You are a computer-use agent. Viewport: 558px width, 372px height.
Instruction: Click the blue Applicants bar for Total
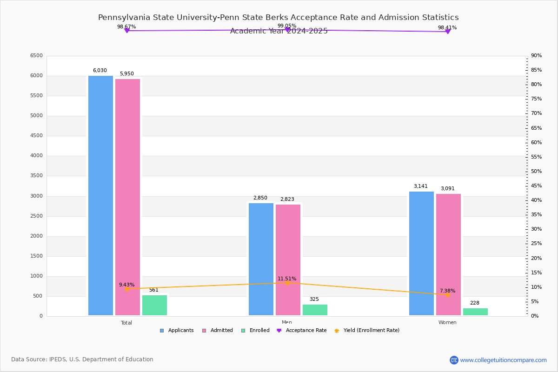coord(100,195)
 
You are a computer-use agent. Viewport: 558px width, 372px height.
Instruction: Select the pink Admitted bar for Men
coord(288,260)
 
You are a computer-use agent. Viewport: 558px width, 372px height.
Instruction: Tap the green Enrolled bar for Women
coord(475,312)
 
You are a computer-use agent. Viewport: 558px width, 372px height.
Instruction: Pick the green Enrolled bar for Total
coord(154,306)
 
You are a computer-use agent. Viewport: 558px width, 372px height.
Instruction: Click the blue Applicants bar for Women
coord(421,253)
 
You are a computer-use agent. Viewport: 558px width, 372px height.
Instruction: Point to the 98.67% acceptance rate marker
coord(126,31)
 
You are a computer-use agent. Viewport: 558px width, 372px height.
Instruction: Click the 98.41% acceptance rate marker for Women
coord(448,32)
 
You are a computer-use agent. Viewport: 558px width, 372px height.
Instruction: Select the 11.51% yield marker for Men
coord(287,283)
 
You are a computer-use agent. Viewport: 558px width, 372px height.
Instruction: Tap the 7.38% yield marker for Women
coord(447,295)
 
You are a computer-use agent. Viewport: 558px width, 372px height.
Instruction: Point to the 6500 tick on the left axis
coord(36,56)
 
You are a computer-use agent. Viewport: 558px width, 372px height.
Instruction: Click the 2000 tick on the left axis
coord(36,236)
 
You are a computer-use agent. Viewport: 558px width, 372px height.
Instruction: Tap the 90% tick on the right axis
coord(536,56)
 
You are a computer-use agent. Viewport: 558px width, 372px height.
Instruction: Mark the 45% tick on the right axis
coord(536,186)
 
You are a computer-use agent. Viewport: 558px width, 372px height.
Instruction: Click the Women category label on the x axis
coord(447,323)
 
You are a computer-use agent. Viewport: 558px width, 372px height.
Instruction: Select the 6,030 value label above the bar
coord(100,71)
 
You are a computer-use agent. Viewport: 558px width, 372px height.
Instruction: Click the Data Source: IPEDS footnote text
coord(82,359)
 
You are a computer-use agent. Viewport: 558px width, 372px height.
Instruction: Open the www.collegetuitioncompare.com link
coord(503,360)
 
